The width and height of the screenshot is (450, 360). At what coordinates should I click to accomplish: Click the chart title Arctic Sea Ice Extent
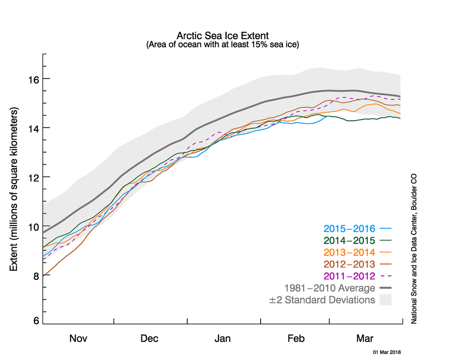[222, 35]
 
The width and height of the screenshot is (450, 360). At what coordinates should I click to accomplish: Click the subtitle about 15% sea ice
[222, 44]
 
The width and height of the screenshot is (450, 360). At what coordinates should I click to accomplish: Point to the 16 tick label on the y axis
[34, 79]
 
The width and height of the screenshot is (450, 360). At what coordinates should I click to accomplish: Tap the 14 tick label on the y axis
[34, 128]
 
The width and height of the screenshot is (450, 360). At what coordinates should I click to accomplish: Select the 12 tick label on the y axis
[34, 177]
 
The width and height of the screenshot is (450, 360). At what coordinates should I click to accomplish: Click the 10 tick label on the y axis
[34, 227]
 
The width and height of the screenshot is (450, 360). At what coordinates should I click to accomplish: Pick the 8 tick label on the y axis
[36, 276]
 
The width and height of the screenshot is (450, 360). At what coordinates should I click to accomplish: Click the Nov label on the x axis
[78, 339]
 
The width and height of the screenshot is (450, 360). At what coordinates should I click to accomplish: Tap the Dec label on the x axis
[149, 339]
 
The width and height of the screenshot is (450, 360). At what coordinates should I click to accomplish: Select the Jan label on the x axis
[223, 339]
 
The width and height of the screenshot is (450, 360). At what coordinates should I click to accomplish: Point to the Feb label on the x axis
[296, 339]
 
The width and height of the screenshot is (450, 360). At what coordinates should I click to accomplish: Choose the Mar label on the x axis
[365, 339]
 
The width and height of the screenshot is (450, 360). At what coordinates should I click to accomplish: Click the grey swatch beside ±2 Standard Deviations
[386, 300]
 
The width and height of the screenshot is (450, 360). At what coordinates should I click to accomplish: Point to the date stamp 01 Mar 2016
[387, 352]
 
